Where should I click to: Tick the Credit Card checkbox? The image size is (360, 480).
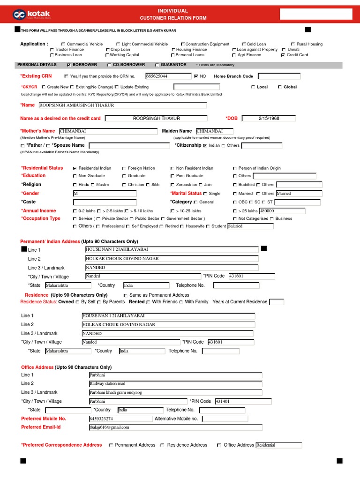tap(283, 55)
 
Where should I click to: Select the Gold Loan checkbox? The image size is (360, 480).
tap(244, 44)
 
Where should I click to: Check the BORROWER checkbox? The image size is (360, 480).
tap(69, 65)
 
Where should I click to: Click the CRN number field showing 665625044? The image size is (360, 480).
tap(168, 76)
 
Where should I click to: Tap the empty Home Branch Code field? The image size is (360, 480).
tap(279, 76)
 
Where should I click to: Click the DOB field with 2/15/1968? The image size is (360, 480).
tap(269, 118)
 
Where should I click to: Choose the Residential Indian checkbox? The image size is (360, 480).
tap(75, 168)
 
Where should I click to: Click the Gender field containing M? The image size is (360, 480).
tap(105, 193)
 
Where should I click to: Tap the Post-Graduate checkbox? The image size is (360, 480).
tap(172, 176)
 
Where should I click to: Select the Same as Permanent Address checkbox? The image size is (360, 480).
tap(125, 295)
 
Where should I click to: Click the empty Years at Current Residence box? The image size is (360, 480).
tap(277, 302)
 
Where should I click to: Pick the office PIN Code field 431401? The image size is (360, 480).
tap(243, 401)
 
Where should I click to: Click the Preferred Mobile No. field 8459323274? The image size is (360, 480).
tap(120, 419)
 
